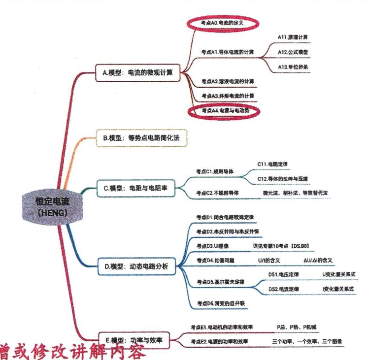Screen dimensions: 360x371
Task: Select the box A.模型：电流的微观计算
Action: click(x=137, y=73)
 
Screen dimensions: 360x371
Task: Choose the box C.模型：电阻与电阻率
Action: click(x=138, y=188)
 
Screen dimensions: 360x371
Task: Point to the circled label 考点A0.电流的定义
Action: click(x=223, y=23)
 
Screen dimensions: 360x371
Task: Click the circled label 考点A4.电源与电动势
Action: click(x=225, y=111)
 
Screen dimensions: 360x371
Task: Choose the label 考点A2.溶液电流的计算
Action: click(x=227, y=81)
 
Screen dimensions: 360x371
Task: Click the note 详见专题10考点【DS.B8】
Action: click(x=280, y=245)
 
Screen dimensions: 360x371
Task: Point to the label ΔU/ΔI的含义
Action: click(x=318, y=260)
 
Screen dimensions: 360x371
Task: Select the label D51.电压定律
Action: click(x=283, y=274)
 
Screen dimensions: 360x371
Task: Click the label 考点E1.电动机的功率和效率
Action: click(x=222, y=327)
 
